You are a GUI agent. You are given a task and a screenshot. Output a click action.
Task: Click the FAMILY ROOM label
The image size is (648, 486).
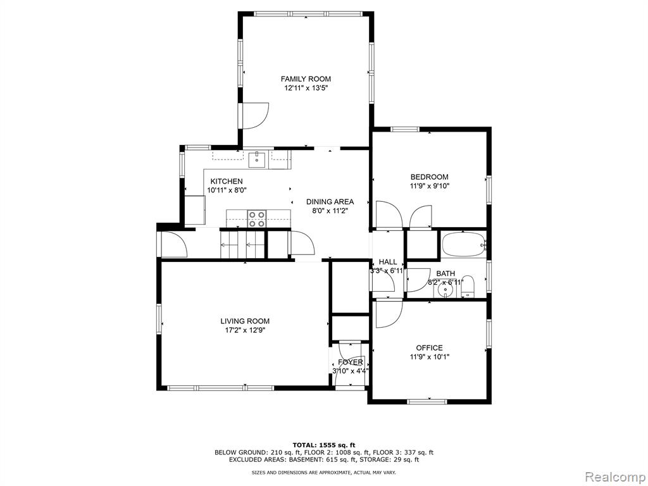coord(306,79)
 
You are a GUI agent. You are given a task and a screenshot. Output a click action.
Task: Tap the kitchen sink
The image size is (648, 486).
coord(257,160)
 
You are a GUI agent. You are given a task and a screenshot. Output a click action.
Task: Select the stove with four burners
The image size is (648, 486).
coord(257,219)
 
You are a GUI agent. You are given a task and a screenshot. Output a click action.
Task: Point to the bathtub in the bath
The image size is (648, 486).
coord(464,245)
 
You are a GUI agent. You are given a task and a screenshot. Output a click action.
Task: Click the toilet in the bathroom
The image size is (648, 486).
coord(468,287)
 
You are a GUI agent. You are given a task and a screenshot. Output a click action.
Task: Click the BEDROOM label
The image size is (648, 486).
coord(430,177)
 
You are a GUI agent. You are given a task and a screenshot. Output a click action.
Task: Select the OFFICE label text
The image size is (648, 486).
coord(430,348)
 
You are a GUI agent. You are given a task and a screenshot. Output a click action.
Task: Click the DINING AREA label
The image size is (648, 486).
coord(330,202)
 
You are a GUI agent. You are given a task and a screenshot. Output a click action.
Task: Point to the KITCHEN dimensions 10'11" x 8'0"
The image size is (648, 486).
coord(227,190)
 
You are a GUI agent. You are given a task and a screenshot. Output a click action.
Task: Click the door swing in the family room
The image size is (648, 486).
coord(256,116)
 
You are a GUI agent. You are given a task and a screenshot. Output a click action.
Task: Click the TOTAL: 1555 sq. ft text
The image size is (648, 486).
coord(324,445)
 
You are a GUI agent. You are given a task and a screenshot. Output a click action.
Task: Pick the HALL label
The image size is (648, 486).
coord(388,262)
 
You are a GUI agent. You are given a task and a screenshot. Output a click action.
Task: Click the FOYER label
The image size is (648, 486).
coord(351,363)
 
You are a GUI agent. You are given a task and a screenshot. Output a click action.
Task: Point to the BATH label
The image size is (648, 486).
coord(445,273)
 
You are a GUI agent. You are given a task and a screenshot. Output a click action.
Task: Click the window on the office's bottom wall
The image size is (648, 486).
coord(427,401)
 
